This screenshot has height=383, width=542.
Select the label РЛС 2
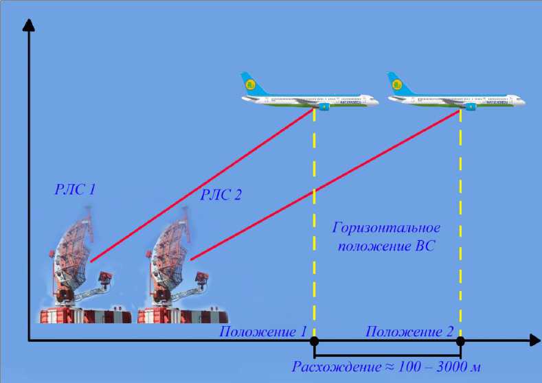(221, 195)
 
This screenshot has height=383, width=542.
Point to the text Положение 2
(409, 332)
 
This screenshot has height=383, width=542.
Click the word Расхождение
(335, 364)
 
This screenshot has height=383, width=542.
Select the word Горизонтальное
(386, 228)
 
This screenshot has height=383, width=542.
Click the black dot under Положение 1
(315, 340)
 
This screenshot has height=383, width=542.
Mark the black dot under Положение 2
(460, 340)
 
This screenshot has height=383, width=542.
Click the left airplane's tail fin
(250, 84)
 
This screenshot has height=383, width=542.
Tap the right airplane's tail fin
(396, 84)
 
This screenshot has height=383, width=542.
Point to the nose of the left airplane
(377, 102)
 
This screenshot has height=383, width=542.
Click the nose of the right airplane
(523, 102)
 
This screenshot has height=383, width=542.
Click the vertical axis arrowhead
(28, 25)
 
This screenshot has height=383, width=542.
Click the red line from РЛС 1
(199, 186)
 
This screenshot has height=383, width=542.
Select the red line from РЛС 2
(323, 186)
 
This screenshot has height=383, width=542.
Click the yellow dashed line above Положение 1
(315, 227)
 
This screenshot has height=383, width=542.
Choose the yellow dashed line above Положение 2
(460, 227)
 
